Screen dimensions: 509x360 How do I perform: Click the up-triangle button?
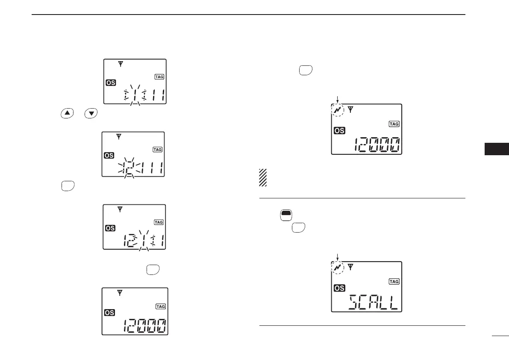[66, 113]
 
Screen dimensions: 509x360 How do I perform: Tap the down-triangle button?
[91, 113]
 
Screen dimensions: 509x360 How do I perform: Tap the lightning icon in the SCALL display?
[338, 268]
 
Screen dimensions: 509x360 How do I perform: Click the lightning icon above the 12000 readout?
[338, 110]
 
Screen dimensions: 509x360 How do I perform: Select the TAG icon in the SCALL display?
[393, 281]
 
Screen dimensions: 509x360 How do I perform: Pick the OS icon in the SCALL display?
[339, 289]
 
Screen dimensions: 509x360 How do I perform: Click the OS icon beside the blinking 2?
[109, 156]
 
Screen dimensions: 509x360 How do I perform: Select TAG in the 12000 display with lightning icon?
[393, 124]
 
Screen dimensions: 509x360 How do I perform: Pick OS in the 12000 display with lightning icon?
[339, 131]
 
